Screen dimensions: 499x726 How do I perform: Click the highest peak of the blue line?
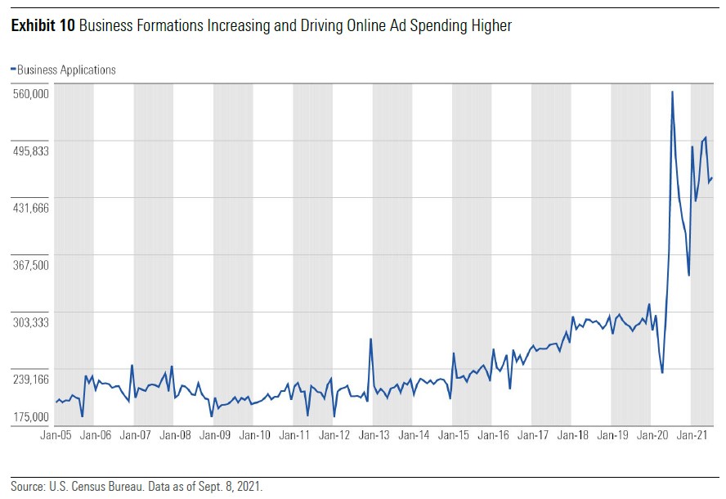click(x=672, y=92)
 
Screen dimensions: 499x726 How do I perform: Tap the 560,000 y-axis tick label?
click(x=32, y=93)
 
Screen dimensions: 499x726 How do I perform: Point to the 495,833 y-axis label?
click(x=32, y=151)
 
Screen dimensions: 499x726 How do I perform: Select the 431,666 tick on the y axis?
click(x=32, y=208)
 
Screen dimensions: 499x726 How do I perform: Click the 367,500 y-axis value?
click(x=32, y=265)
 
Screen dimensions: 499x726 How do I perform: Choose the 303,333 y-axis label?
click(x=32, y=322)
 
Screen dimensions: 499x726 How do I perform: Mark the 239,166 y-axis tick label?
click(x=32, y=380)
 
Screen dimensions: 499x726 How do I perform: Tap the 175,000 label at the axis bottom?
click(x=32, y=418)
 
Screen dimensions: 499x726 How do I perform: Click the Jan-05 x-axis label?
click(x=55, y=436)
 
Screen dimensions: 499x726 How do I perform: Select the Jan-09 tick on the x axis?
click(x=214, y=436)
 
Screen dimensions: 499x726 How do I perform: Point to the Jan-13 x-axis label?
click(x=374, y=436)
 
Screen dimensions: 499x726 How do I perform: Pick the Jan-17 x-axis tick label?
click(x=532, y=436)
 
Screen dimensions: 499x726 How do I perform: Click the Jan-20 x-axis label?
click(x=652, y=436)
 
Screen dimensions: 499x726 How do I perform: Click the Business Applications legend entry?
click(x=65, y=70)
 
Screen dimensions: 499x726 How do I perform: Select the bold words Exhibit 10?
click(x=43, y=26)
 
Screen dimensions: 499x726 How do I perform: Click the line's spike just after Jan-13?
click(x=370, y=339)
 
